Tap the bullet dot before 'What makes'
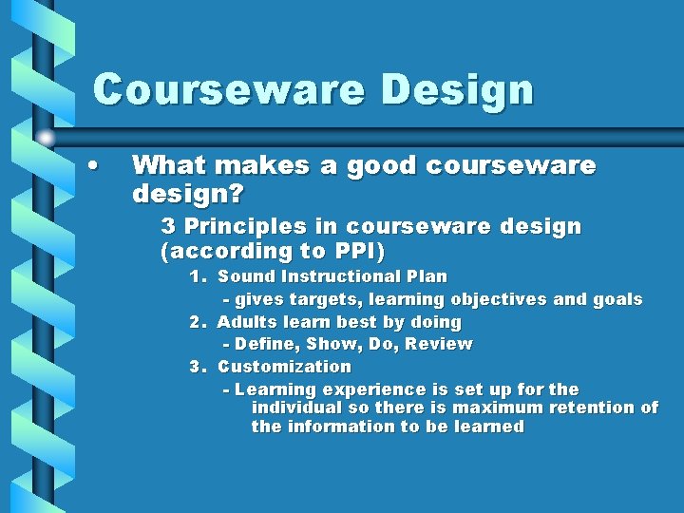[92, 164]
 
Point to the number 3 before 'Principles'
[168, 227]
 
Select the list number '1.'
[199, 276]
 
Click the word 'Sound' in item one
[243, 276]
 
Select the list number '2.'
[199, 322]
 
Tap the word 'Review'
[438, 344]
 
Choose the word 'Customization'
[284, 367]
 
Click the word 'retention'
[589, 408]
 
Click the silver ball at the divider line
[46, 137]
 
